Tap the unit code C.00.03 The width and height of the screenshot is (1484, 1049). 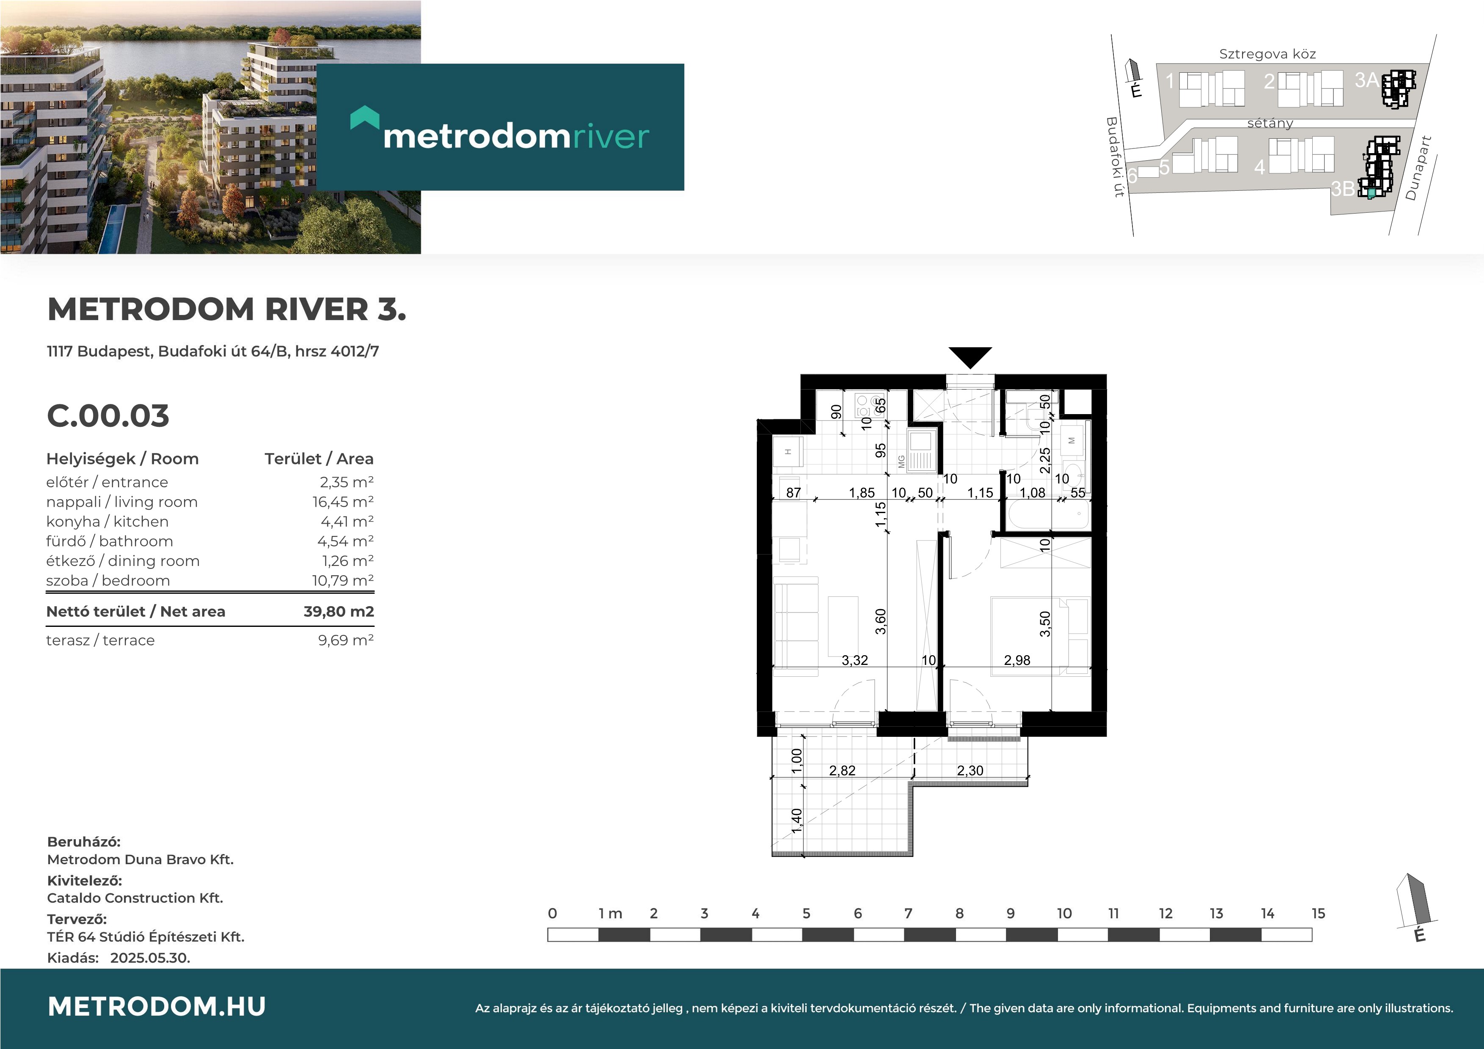pos(108,416)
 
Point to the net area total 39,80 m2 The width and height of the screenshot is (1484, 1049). pos(339,612)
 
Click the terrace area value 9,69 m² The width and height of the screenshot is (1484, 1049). pos(346,640)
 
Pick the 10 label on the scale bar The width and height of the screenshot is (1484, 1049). pos(1064,913)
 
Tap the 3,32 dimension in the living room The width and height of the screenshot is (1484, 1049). pos(855,660)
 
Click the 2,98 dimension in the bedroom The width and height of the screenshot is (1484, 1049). pos(1017,660)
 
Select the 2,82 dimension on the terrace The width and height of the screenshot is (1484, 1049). pos(842,770)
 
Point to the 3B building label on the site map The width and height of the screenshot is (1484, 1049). pos(1342,189)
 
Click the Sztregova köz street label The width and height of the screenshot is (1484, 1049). pos(1267,54)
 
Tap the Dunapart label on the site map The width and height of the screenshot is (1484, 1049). pos(1419,168)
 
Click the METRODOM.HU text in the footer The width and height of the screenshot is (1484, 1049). pos(157,1006)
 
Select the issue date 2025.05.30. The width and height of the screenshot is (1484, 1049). pos(150,958)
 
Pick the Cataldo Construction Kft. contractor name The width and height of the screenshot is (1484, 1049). pos(135,898)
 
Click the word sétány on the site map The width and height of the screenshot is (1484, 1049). pos(1270,123)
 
